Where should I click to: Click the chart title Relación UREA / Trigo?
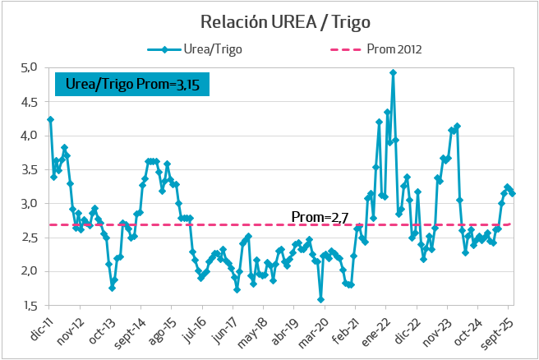click(x=269, y=20)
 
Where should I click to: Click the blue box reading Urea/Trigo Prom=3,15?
click(x=132, y=83)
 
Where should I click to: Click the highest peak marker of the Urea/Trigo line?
click(x=393, y=72)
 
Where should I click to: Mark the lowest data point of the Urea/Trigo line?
click(x=320, y=300)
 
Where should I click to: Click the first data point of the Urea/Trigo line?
click(x=50, y=119)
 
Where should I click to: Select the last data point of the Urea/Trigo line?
click(x=513, y=193)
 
